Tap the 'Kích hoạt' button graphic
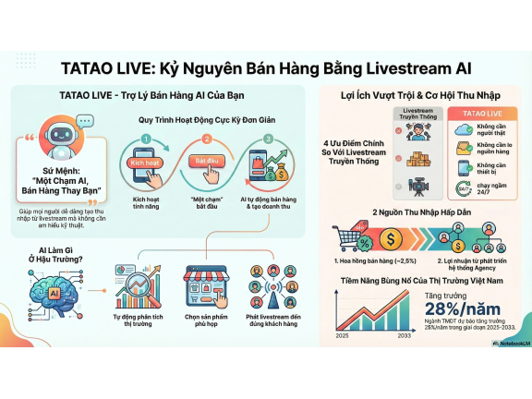click(x=146, y=162)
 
